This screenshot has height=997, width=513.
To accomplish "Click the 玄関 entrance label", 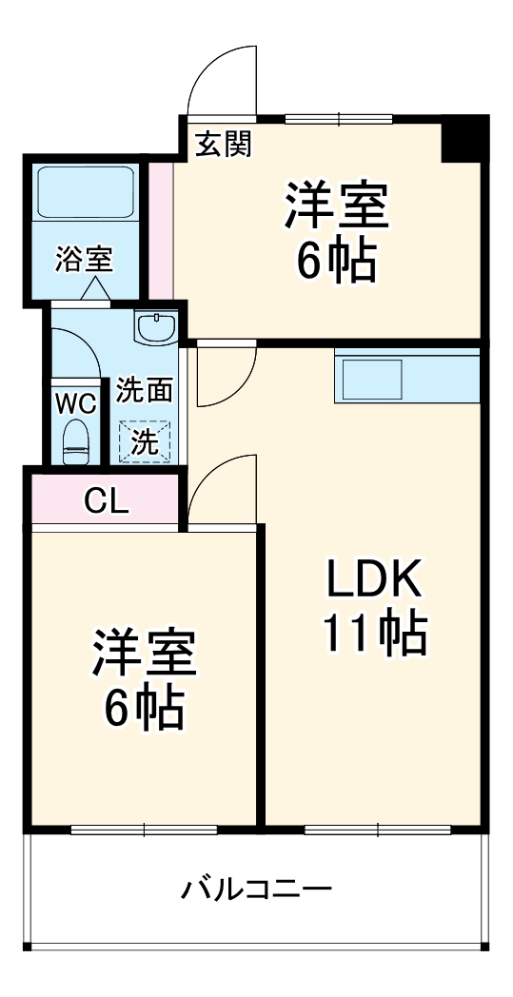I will pyautogui.click(x=224, y=144).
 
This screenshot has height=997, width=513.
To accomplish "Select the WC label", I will pyautogui.click(x=75, y=402).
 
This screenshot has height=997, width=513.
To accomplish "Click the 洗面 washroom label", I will pyautogui.click(x=146, y=389).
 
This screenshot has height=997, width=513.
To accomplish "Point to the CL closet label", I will pyautogui.click(x=106, y=499).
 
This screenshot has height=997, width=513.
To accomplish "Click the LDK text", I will pyautogui.click(x=373, y=579).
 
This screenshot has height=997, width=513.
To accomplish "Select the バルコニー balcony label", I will pyautogui.click(x=257, y=890).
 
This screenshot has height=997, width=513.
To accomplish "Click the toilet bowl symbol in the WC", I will pyautogui.click(x=75, y=442).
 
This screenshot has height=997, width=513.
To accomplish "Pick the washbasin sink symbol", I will pyautogui.click(x=156, y=328).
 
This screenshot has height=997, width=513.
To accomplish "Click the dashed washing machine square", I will pyautogui.click(x=146, y=440).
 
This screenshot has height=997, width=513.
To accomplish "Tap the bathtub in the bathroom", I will pyautogui.click(x=85, y=193).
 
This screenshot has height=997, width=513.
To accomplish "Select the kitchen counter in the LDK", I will pyautogui.click(x=406, y=378).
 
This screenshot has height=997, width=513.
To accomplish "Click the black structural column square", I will pyautogui.click(x=465, y=139).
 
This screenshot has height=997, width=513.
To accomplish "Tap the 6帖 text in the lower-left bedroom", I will pyautogui.click(x=144, y=706).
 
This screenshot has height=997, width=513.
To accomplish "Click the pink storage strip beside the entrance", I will pyautogui.click(x=161, y=228).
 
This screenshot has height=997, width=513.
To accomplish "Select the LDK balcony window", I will pyautogui.click(x=377, y=829).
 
